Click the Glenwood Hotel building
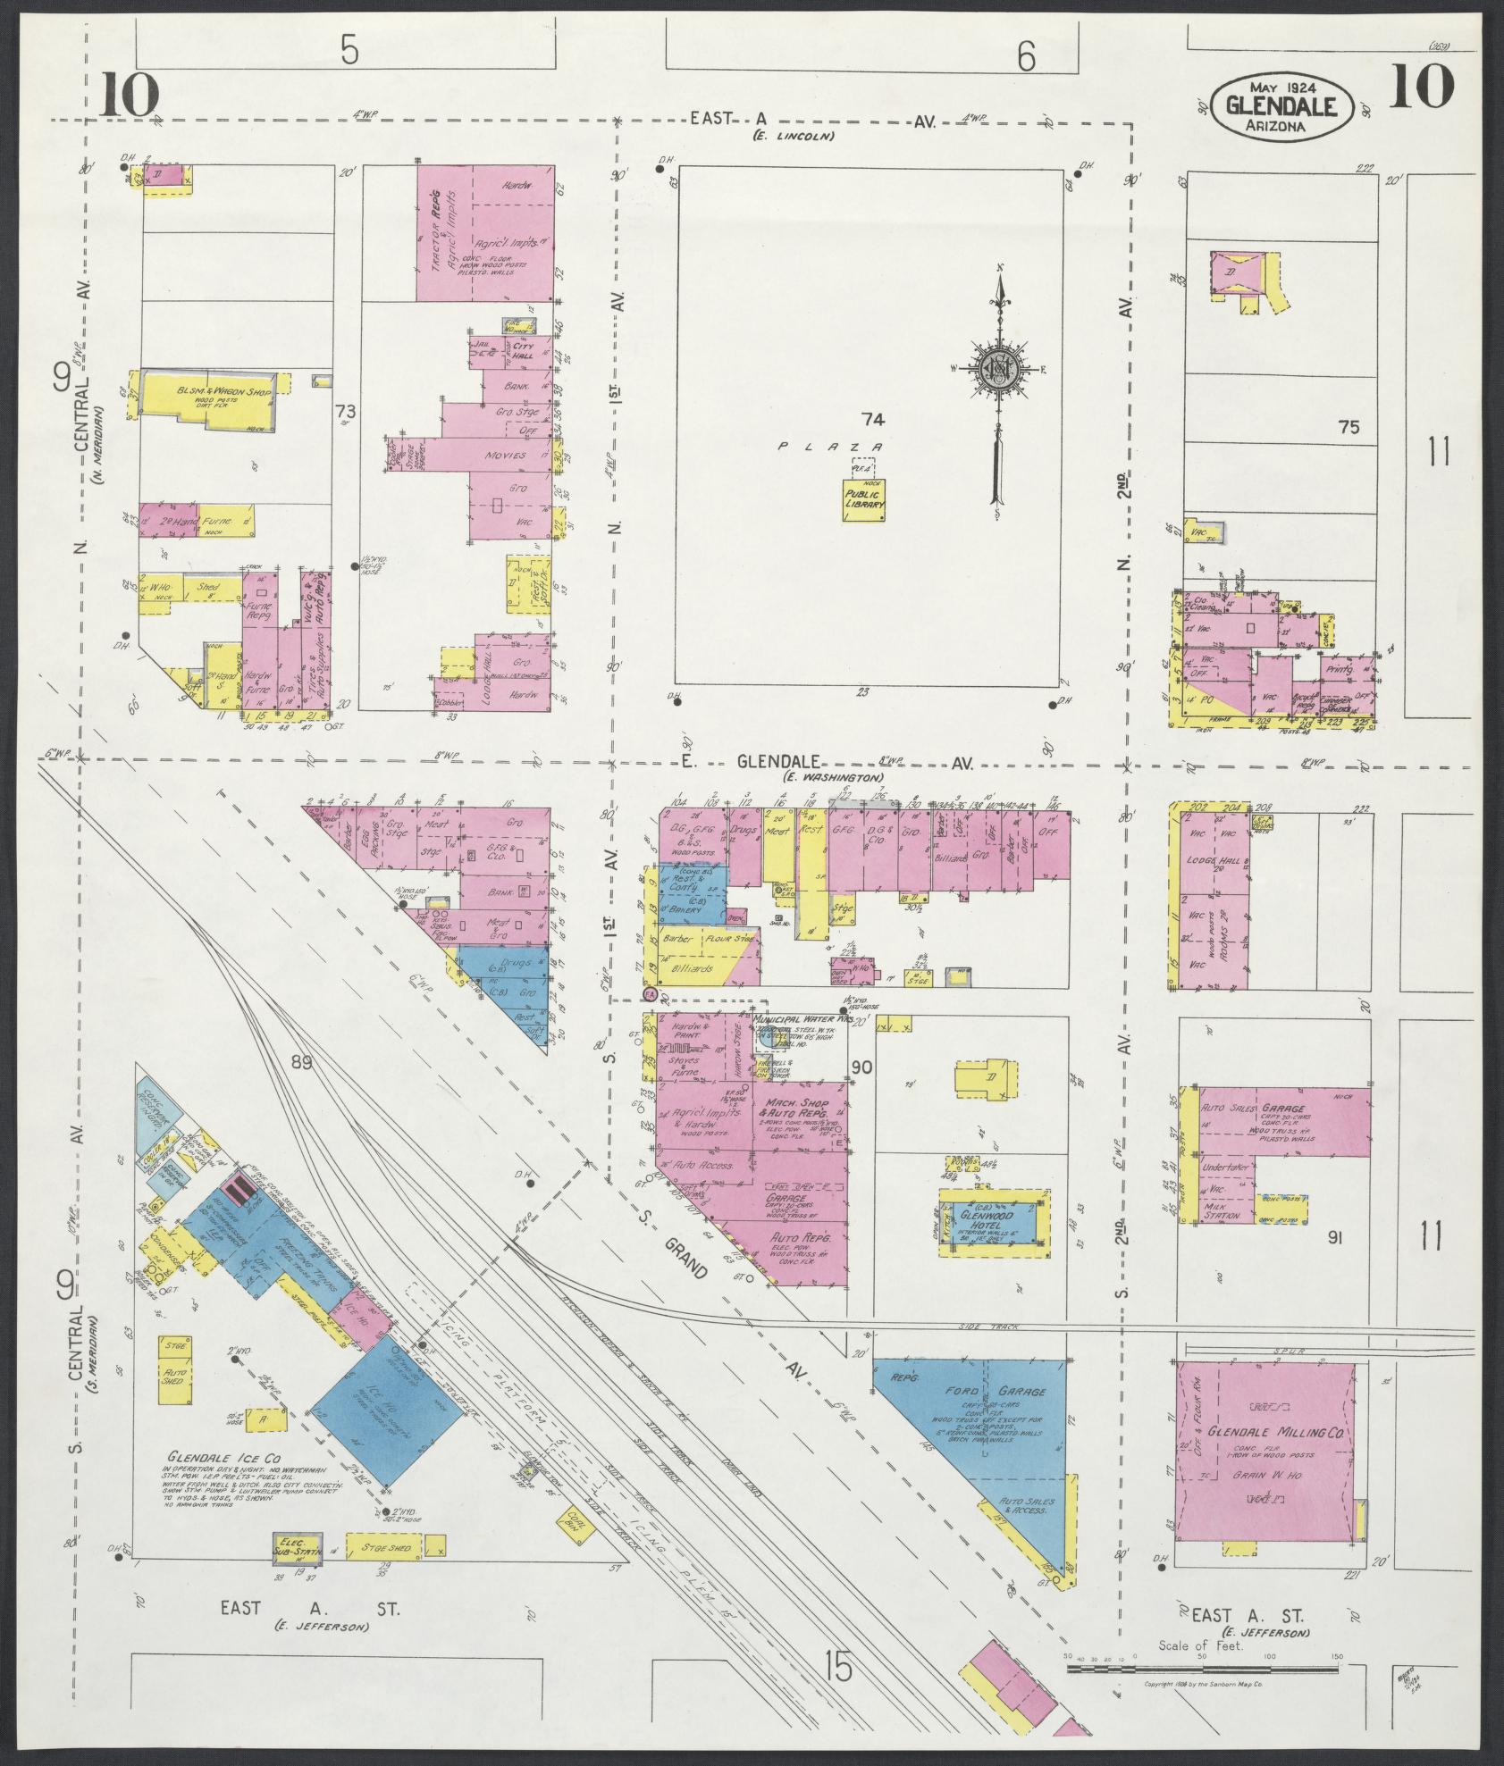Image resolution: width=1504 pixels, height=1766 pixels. coord(994,1221)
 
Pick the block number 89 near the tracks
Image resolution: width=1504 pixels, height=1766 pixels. coord(301,1063)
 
